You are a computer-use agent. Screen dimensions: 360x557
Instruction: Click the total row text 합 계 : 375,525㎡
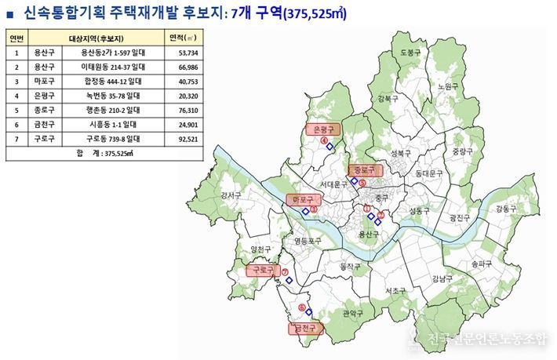[105, 154]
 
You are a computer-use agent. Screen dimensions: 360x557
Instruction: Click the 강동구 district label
[506, 209]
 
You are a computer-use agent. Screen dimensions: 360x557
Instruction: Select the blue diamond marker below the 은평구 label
[331, 147]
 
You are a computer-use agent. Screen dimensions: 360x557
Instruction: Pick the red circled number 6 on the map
[301, 307]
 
